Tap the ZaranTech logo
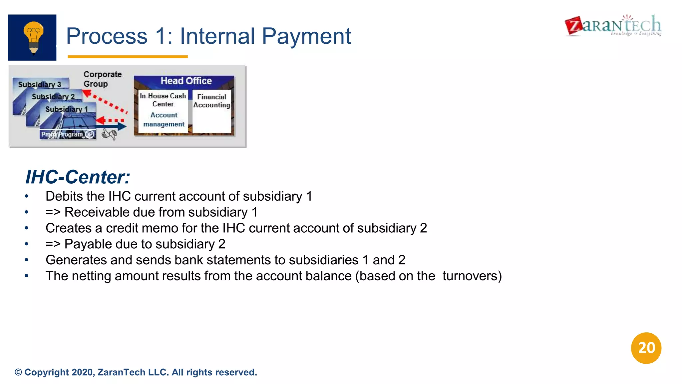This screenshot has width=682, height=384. [x=613, y=26]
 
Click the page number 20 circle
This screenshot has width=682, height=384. [x=646, y=348]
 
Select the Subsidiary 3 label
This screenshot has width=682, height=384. [x=40, y=84]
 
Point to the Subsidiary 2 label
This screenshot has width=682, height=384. [x=53, y=97]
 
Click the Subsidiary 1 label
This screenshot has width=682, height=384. [x=67, y=109]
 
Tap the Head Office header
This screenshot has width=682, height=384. [x=186, y=81]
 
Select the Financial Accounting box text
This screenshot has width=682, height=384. [x=211, y=101]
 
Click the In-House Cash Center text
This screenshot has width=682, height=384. [x=163, y=100]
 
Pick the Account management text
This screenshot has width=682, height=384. [x=164, y=120]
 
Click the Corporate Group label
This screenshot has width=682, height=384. [x=102, y=79]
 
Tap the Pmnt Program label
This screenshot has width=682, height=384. [x=62, y=134]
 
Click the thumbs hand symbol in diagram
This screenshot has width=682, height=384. [x=109, y=134]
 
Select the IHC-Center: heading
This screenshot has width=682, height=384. [x=78, y=177]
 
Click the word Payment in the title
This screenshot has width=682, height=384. [x=306, y=36]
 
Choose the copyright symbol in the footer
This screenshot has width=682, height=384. [x=18, y=372]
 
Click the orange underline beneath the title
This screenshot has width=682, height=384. [x=128, y=57]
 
